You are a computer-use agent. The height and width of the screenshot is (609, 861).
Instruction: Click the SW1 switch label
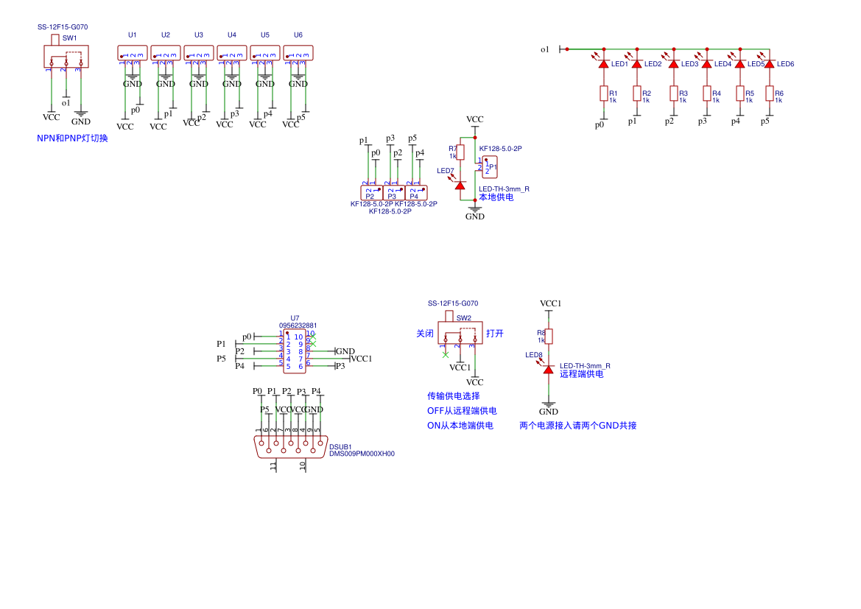[x=69, y=38]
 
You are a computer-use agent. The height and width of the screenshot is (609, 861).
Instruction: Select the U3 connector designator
[x=199, y=35]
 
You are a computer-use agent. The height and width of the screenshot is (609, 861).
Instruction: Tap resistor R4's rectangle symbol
[x=707, y=94]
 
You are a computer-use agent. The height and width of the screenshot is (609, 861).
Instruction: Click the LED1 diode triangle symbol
[x=604, y=64]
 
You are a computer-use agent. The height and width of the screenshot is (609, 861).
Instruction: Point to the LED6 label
[x=785, y=64]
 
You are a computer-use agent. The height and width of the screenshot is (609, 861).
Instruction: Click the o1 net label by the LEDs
[x=545, y=49]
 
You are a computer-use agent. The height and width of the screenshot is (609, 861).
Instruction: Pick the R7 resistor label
[x=453, y=149]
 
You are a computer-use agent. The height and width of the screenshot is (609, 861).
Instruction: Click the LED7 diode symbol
[x=460, y=186]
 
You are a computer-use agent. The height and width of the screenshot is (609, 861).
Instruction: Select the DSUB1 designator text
[x=340, y=446]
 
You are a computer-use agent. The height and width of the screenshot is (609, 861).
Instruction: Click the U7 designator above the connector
[x=295, y=318]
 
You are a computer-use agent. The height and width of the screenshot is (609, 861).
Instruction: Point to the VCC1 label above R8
[x=550, y=303]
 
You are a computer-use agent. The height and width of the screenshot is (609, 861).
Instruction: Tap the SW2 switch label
[x=463, y=318]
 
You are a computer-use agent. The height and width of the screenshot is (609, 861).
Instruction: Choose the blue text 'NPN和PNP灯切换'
[x=72, y=138]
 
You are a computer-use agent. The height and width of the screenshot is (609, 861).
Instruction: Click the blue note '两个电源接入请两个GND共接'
[x=577, y=426]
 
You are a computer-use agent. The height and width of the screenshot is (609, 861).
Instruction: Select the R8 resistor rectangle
[x=549, y=337]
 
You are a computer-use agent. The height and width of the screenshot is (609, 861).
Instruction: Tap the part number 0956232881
[x=298, y=325]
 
